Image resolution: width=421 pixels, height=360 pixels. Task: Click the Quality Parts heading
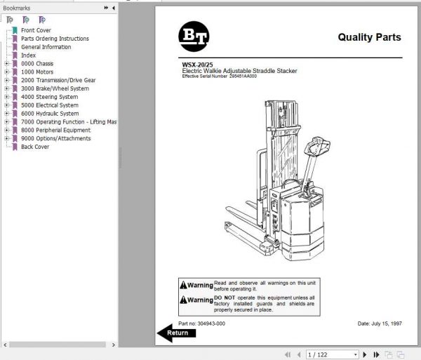[x=369, y=37]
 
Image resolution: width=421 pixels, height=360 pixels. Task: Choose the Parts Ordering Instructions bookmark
[x=55, y=39]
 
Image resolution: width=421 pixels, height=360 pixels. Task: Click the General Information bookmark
[x=46, y=47]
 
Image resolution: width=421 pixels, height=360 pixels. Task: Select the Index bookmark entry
[x=28, y=55]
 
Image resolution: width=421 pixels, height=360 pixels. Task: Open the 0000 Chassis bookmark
[x=37, y=64]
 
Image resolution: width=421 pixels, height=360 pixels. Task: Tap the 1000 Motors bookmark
[x=37, y=72]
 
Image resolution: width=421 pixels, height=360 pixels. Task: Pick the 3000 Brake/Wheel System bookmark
[x=55, y=89]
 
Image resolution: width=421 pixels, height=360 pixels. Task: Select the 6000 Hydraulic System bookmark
[x=50, y=114]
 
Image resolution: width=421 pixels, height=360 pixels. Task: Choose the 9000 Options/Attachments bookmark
[x=55, y=138]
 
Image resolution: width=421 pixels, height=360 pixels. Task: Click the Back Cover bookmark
[x=35, y=147]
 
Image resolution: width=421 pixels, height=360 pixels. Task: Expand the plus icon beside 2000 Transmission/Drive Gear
[x=6, y=81]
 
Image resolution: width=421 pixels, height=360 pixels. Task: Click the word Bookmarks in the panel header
[x=17, y=7]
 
